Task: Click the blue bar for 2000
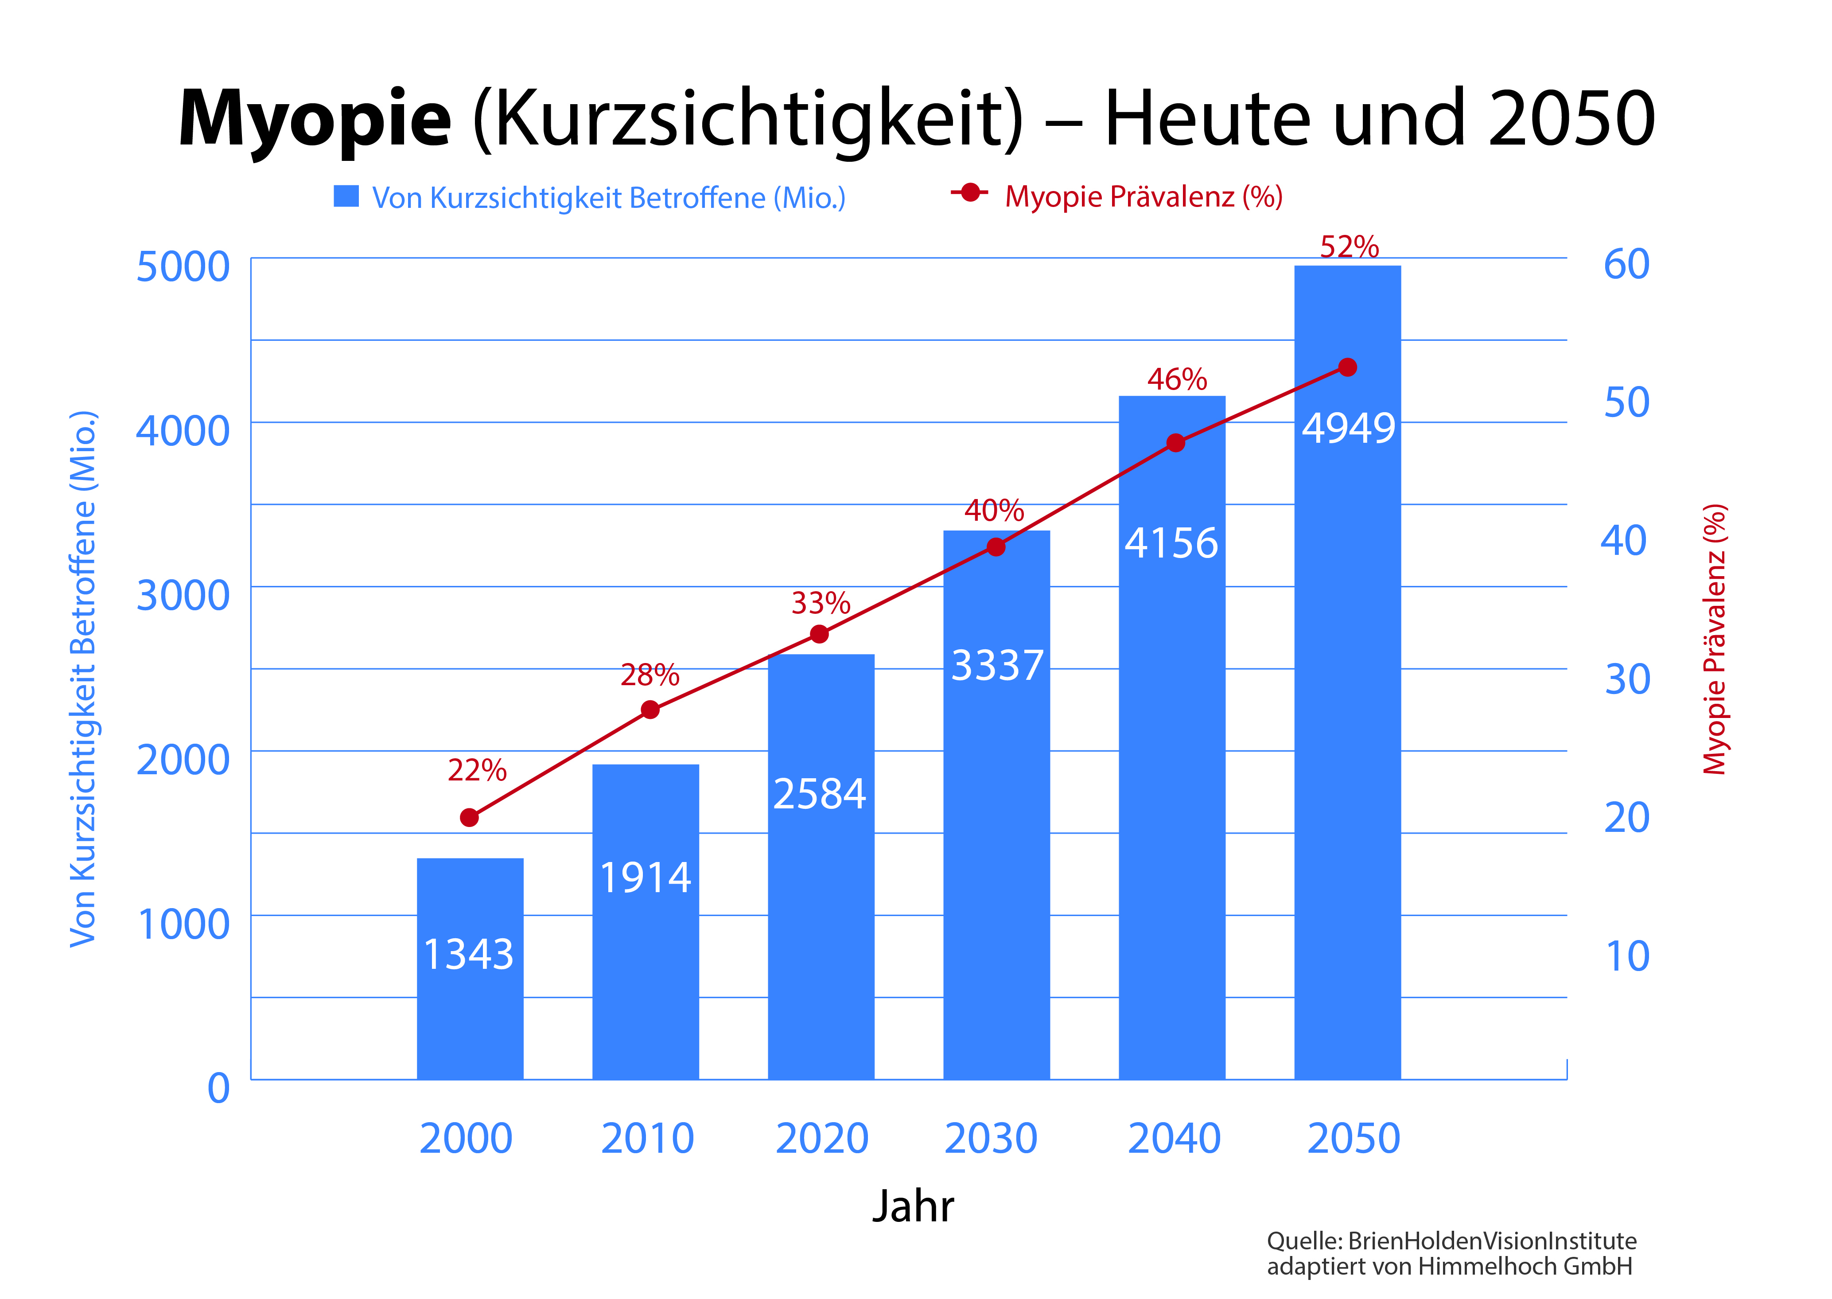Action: [470, 1008]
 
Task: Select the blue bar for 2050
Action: [1347, 720]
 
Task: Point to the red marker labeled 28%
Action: [650, 710]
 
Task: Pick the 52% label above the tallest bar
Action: [1349, 246]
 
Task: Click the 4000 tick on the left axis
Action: [183, 431]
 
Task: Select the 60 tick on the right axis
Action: [1626, 265]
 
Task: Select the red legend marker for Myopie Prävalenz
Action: [970, 194]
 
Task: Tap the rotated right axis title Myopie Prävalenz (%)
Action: [1715, 640]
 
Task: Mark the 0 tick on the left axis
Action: [218, 1088]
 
